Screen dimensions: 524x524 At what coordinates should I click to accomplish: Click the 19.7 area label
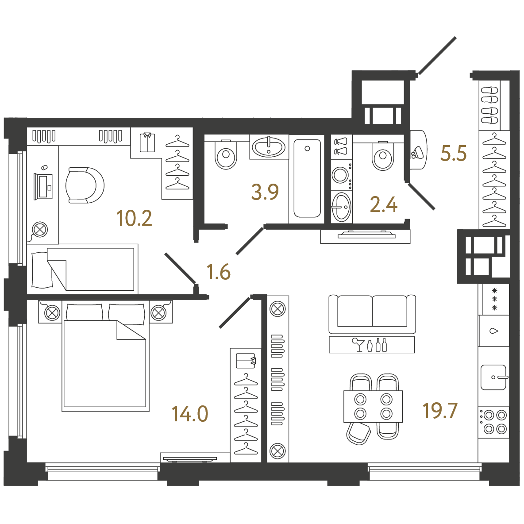click(x=440, y=411)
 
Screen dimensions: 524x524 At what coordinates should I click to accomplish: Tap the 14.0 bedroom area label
click(x=190, y=414)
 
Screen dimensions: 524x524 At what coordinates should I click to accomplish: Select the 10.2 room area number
click(x=134, y=218)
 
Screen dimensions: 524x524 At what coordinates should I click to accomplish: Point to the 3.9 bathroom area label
click(x=265, y=192)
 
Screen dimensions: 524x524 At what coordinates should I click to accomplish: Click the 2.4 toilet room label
click(x=384, y=204)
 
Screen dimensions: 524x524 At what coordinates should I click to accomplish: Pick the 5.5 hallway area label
click(x=454, y=154)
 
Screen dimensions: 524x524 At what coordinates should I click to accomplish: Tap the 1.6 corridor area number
click(x=219, y=271)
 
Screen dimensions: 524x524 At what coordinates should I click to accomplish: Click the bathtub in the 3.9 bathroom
click(x=307, y=178)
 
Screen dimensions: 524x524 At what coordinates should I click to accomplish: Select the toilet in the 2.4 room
click(x=383, y=156)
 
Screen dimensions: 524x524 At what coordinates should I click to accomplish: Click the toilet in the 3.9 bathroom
click(x=226, y=154)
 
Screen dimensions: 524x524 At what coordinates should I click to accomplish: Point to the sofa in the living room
click(x=372, y=314)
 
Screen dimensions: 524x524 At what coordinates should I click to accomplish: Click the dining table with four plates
click(x=373, y=406)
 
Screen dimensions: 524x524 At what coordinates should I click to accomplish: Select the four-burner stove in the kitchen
click(x=493, y=422)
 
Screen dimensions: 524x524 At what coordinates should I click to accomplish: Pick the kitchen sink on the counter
click(x=493, y=378)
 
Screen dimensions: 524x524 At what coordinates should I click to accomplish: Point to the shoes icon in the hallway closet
click(x=489, y=105)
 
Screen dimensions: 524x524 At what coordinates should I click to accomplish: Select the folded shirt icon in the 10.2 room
click(x=147, y=143)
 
